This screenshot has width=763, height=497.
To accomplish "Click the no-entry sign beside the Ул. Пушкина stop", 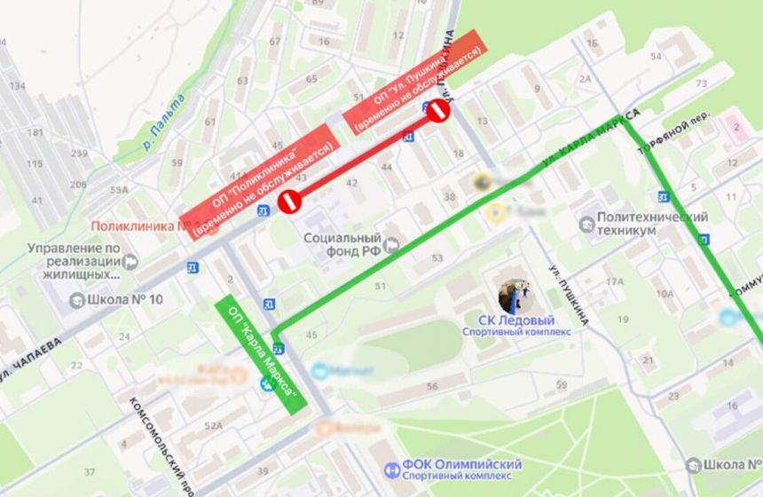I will click(x=437, y=112).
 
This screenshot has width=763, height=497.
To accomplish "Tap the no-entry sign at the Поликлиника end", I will click(x=290, y=201).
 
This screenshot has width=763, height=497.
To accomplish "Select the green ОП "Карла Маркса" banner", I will click(x=261, y=353).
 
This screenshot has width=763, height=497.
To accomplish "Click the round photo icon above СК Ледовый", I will click(x=515, y=296).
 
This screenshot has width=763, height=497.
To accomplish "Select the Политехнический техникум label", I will click(x=652, y=224).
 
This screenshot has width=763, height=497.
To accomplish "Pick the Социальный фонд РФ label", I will click(x=342, y=244).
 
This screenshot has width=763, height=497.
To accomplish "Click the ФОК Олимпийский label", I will click(x=464, y=465).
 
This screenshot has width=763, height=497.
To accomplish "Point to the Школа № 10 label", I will click(x=125, y=299).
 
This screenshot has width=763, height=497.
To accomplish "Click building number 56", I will click(x=432, y=386).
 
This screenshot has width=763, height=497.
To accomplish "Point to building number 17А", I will click(x=615, y=281).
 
